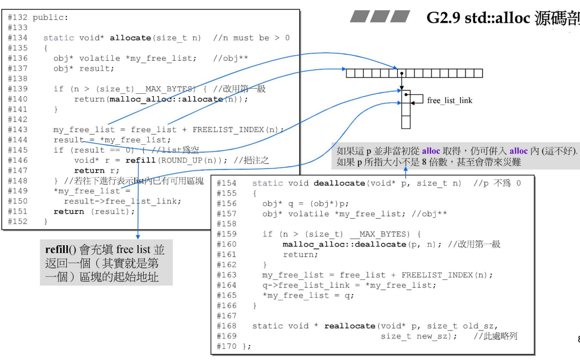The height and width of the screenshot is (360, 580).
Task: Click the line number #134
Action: pyautogui.click(x=17, y=38)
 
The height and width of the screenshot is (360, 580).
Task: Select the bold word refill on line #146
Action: pyautogui.click(x=140, y=160)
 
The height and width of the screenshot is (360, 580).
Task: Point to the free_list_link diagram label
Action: pyautogui.click(x=450, y=101)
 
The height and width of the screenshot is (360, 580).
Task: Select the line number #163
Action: pyautogui.click(x=227, y=275)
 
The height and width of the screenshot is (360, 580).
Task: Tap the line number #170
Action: pyautogui.click(x=227, y=347)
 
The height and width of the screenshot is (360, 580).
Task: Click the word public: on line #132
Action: pyautogui.click(x=50, y=17)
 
